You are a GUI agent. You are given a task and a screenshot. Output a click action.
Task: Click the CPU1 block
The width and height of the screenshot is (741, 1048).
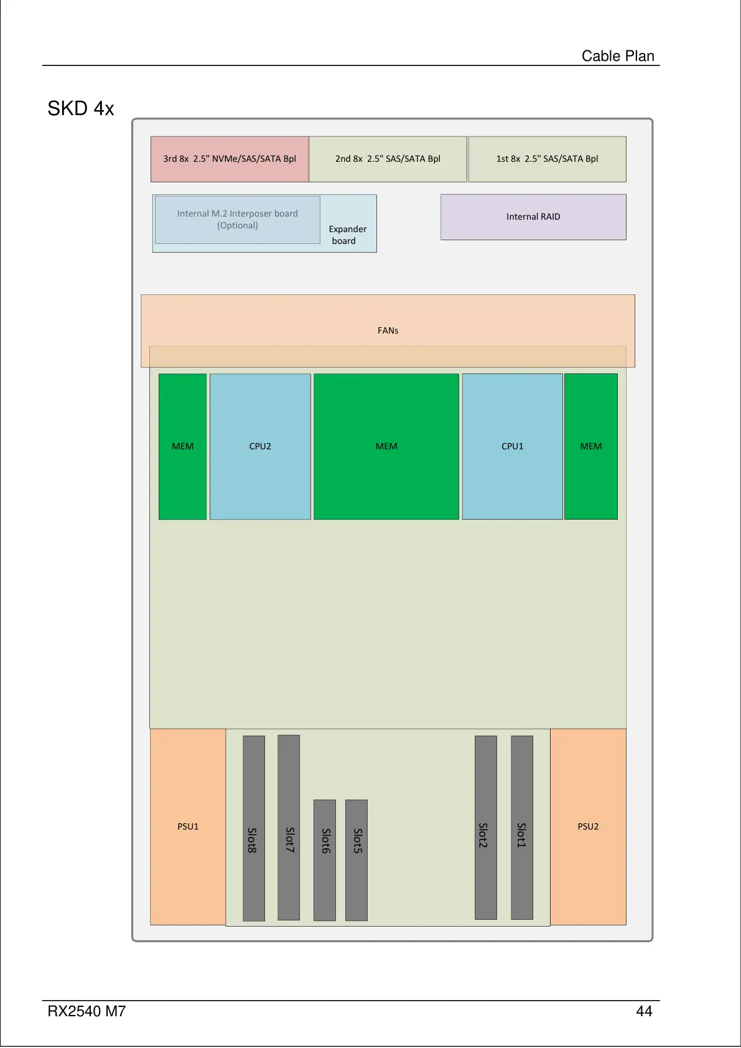(x=512, y=446)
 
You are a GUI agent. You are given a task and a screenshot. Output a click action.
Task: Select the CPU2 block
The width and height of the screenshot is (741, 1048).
(x=260, y=446)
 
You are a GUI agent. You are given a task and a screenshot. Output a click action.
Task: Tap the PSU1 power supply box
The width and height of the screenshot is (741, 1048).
(x=188, y=826)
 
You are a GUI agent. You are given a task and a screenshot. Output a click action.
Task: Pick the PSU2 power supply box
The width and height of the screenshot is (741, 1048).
(x=588, y=826)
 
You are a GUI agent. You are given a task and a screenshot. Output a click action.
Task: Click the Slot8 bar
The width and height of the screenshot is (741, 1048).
(x=253, y=828)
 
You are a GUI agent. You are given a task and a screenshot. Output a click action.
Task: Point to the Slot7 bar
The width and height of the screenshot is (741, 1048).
(x=289, y=827)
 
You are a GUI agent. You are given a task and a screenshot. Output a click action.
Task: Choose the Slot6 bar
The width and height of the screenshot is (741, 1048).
(x=325, y=859)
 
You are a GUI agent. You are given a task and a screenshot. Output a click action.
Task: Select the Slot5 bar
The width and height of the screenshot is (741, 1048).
(x=357, y=859)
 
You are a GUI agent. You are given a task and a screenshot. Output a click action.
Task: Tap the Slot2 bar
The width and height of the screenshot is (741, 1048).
(x=486, y=827)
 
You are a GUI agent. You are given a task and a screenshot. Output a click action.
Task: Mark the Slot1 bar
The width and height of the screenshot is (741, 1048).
(x=522, y=827)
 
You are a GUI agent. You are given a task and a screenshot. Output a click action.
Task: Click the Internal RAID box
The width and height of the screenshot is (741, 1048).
(x=533, y=217)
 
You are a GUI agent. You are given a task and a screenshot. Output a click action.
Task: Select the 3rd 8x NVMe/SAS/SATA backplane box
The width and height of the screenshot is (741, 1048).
(x=230, y=159)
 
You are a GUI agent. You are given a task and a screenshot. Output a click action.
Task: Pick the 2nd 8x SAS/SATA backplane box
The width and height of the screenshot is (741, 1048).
(x=388, y=159)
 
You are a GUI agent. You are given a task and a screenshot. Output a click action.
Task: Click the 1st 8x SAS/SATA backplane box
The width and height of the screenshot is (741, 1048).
(x=547, y=159)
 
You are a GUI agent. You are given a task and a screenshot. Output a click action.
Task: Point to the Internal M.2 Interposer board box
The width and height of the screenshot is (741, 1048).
(x=237, y=219)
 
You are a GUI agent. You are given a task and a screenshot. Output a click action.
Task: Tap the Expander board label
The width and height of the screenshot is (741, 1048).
(x=347, y=235)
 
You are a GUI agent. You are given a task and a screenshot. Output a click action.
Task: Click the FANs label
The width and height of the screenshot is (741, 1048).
(x=388, y=330)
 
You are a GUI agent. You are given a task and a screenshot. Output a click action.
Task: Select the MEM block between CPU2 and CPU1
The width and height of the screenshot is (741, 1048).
(x=386, y=446)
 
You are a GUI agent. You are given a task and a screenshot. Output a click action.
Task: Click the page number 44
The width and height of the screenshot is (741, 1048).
(x=644, y=1011)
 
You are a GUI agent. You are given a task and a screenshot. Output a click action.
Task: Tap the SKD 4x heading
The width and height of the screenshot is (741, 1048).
(x=81, y=109)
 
